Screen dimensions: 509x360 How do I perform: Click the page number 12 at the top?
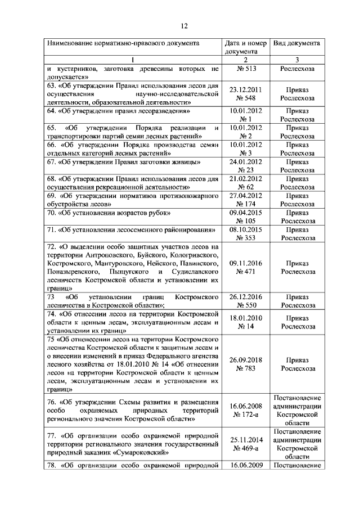(x=183, y=26)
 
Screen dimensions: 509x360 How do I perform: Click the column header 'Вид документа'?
(x=297, y=43)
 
